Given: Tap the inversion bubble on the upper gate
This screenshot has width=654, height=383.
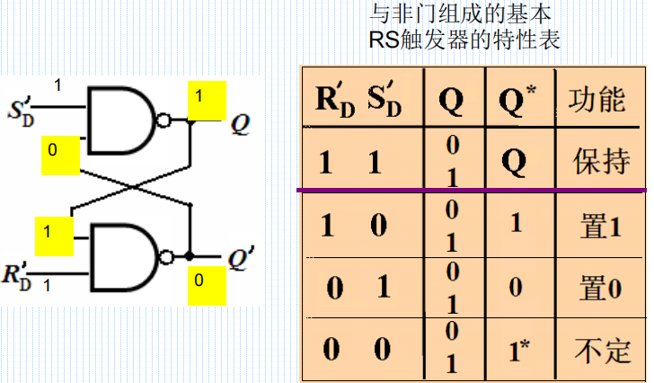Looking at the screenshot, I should tap(162, 120).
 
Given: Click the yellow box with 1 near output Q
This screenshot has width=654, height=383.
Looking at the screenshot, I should tap(205, 99).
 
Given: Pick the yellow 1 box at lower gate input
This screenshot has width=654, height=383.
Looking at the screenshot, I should tap(52, 235).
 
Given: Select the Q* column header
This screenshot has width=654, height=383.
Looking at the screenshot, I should tap(515, 99).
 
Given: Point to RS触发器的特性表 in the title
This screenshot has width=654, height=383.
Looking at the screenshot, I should tap(464, 40).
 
